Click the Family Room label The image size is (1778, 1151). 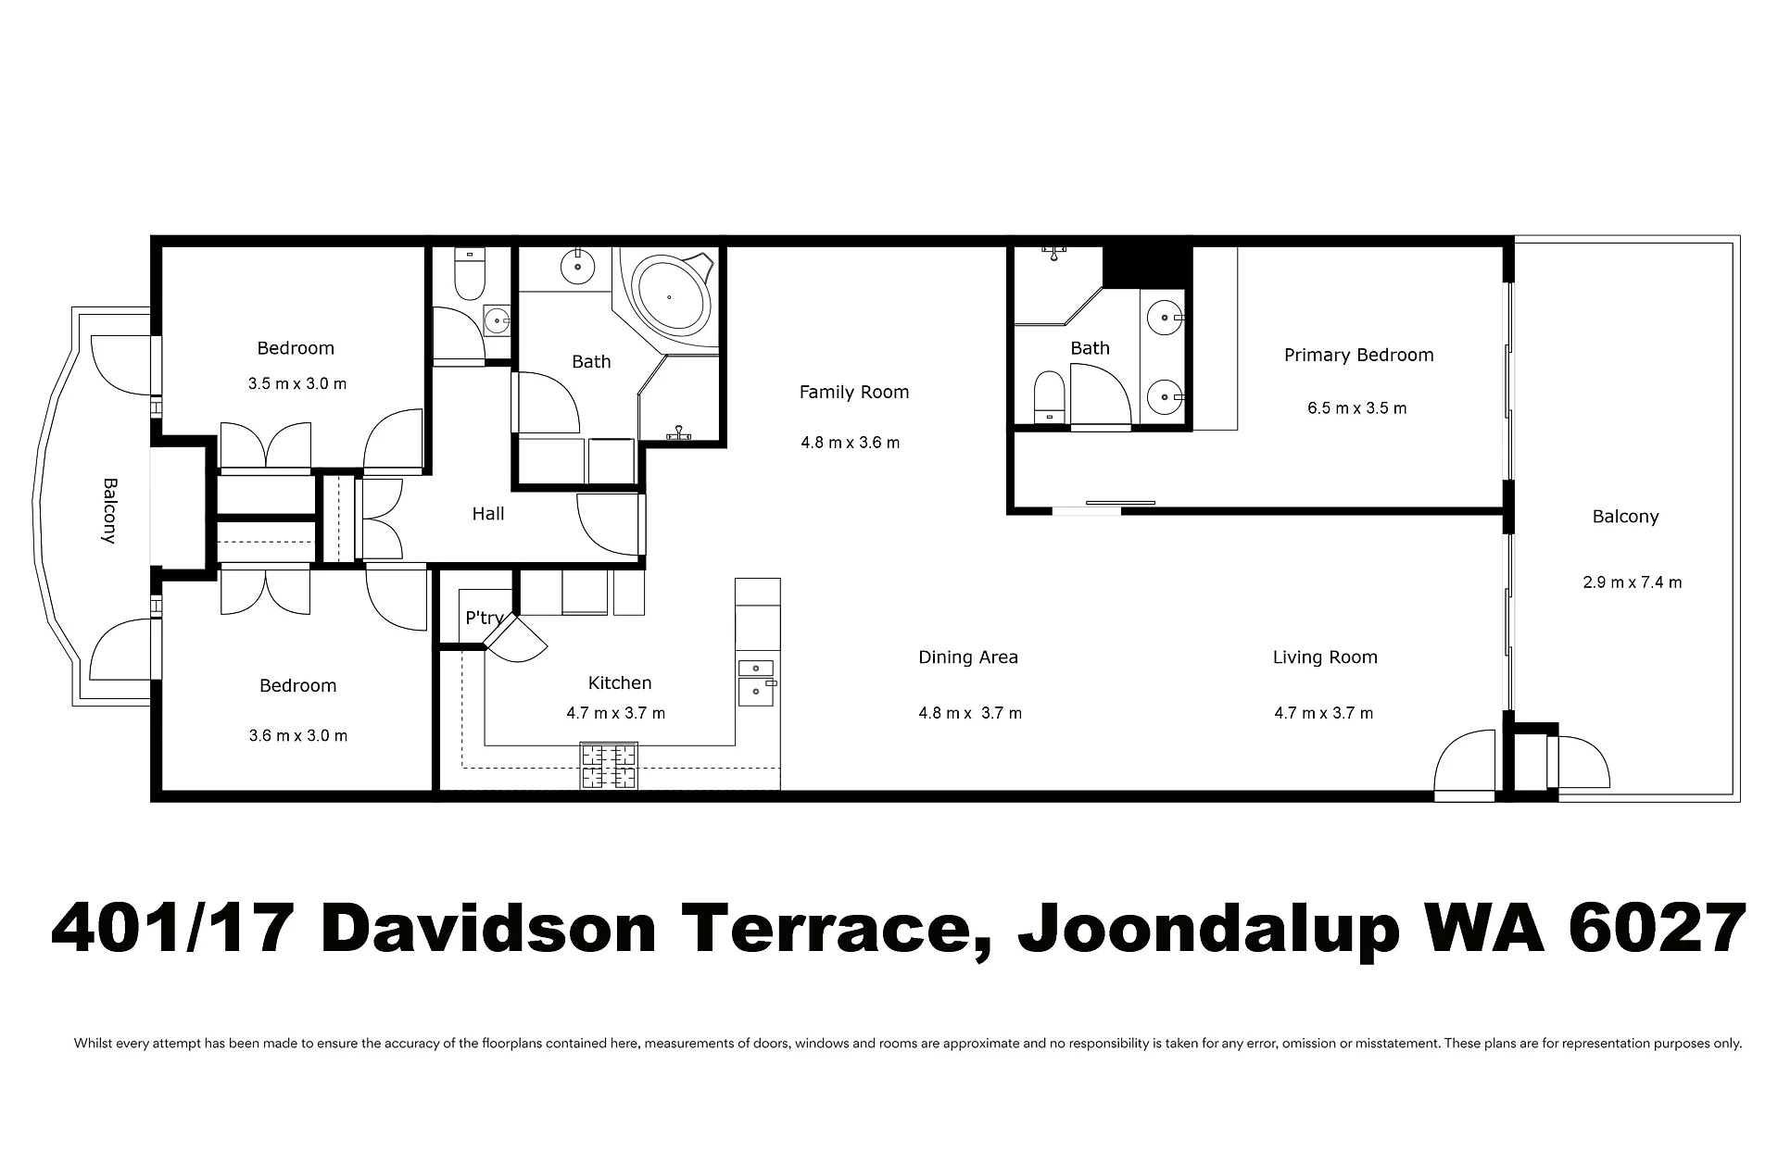(853, 393)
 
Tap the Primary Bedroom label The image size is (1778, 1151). (1358, 356)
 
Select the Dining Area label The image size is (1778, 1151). (968, 657)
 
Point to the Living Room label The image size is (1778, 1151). (1325, 657)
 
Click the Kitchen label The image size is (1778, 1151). (620, 683)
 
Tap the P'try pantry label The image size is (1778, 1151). (485, 618)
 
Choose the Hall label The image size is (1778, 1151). (488, 514)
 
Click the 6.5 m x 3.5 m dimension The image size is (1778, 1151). (1357, 408)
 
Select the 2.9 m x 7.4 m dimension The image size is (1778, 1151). (1633, 582)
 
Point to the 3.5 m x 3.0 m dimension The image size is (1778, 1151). (297, 383)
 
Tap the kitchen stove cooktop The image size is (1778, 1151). (609, 766)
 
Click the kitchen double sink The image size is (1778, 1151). (756, 682)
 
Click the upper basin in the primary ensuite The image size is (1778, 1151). (1163, 319)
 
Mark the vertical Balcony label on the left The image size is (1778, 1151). (109, 510)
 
